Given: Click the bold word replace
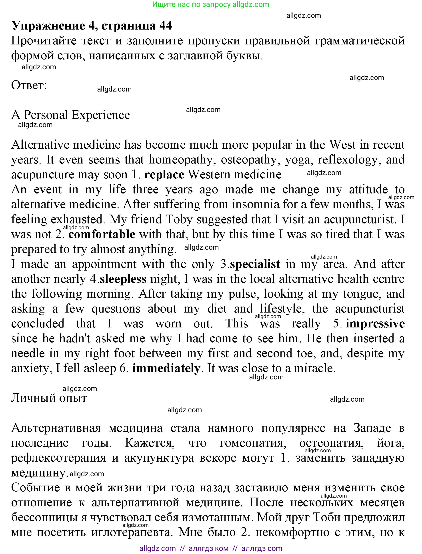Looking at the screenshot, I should point(164,175).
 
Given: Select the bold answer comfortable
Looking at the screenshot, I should point(102,234).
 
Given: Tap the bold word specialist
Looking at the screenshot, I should point(255,264).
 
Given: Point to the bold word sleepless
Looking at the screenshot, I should point(123,279).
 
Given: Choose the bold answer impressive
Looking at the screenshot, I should point(375,324).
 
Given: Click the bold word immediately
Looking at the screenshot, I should point(166,368).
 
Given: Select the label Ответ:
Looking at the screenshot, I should point(29,85).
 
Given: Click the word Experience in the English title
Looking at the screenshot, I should point(101,115).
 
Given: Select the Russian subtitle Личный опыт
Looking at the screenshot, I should point(49,398).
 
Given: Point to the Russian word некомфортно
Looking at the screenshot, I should point(292,532).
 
